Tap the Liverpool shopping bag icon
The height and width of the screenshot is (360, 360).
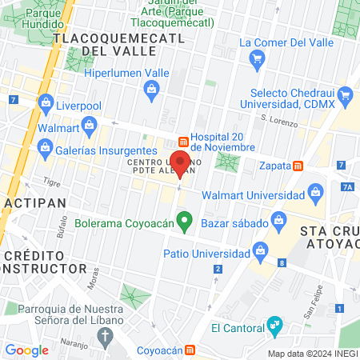pos(46,103)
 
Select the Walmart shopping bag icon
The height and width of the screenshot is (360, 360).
pos(88,125)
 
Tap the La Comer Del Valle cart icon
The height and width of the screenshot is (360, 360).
pos(257,59)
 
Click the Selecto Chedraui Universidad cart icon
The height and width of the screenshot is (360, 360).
pos(346,97)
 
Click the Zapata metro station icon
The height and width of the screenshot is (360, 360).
pos(298,166)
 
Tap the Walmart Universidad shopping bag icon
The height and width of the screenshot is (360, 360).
pos(314,193)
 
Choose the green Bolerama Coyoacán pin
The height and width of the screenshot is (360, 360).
pos(185,219)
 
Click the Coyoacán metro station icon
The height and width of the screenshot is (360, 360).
pos(190,350)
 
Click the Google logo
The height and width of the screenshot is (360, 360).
pos(27,350)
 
